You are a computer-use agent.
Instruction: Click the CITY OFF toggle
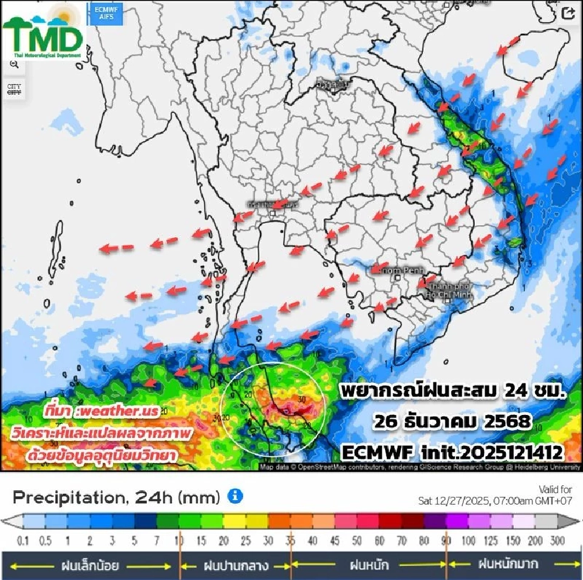point(13,89)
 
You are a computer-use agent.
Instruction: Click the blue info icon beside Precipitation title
point(235,496)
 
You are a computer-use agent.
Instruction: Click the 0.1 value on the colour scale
point(24,540)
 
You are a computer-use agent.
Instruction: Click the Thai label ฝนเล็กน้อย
point(89,565)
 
